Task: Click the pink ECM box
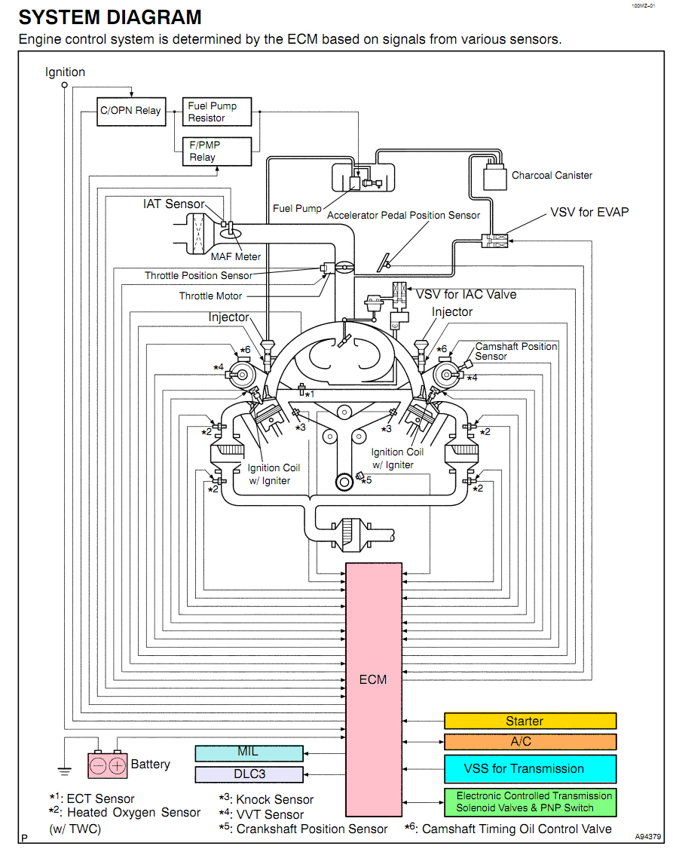click(x=372, y=679)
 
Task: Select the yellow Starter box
click(x=530, y=722)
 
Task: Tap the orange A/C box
click(x=530, y=742)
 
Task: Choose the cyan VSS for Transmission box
click(x=530, y=769)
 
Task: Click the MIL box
click(x=249, y=753)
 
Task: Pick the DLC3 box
click(x=249, y=774)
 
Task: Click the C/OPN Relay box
click(x=131, y=111)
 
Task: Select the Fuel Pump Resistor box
click(x=217, y=112)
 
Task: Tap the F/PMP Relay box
click(x=217, y=151)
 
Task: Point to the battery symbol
click(x=108, y=765)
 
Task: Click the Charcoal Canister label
click(x=552, y=175)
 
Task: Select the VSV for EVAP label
click(x=589, y=212)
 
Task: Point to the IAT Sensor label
click(x=173, y=204)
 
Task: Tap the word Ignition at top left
click(x=65, y=72)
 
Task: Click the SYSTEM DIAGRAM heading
click(x=110, y=17)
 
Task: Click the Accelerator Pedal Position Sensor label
click(x=403, y=215)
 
